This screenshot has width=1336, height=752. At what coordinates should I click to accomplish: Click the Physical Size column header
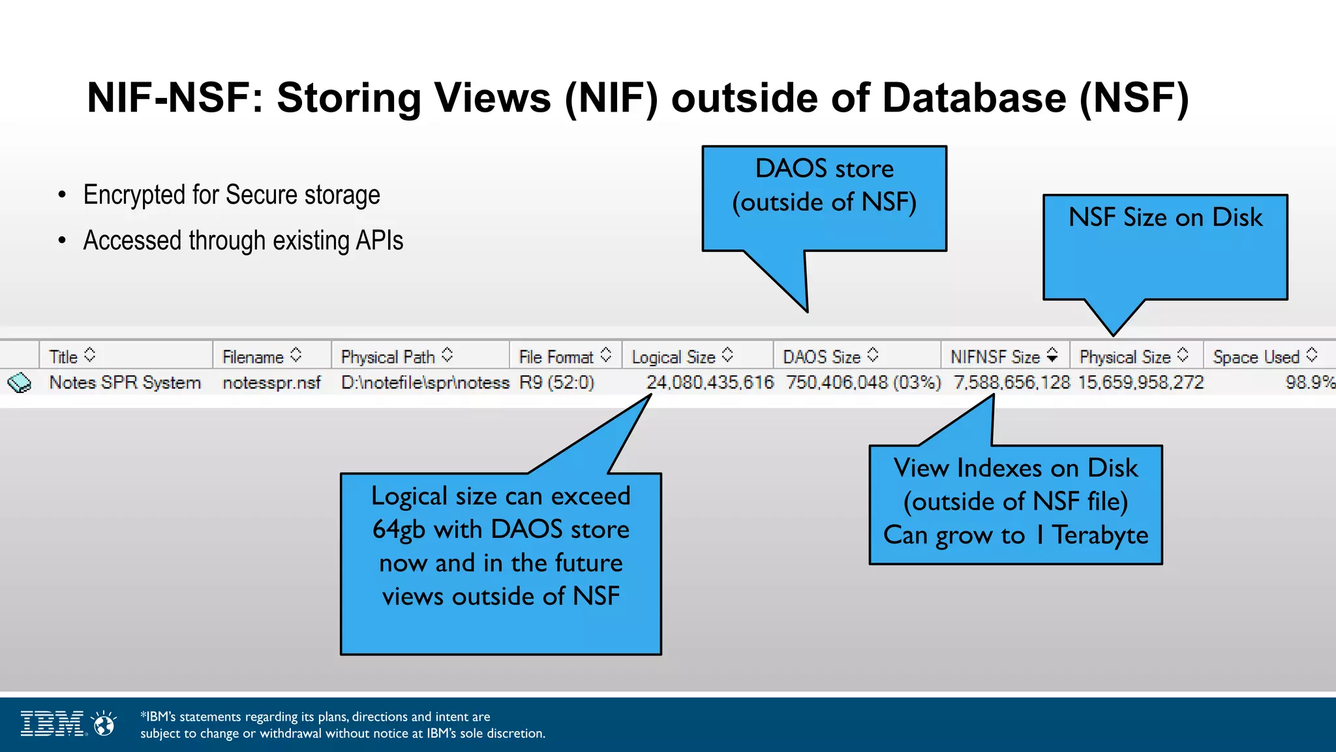pyautogui.click(x=1125, y=357)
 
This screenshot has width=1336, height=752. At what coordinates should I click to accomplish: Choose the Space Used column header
pyautogui.click(x=1256, y=357)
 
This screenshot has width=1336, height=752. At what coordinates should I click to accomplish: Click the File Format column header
pyautogui.click(x=556, y=357)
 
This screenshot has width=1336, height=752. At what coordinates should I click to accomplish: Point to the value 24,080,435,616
pyautogui.click(x=710, y=383)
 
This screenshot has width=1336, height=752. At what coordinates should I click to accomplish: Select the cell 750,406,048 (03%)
pyautogui.click(x=863, y=383)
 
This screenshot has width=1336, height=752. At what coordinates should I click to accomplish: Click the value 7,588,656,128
pyautogui.click(x=1011, y=383)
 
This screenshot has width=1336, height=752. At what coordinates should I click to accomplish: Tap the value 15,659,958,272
pyautogui.click(x=1140, y=383)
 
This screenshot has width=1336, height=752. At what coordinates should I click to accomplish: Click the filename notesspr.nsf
pyautogui.click(x=271, y=383)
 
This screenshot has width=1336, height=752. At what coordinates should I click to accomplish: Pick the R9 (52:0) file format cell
pyautogui.click(x=556, y=383)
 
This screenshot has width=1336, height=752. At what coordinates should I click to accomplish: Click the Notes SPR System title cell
pyautogui.click(x=125, y=383)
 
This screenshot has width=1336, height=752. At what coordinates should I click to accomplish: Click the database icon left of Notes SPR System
pyautogui.click(x=20, y=383)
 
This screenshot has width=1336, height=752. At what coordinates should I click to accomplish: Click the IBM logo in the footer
pyautogui.click(x=52, y=724)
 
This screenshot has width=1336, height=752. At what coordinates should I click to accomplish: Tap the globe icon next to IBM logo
pyautogui.click(x=104, y=724)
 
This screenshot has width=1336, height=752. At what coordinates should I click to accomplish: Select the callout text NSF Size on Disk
pyautogui.click(x=1165, y=217)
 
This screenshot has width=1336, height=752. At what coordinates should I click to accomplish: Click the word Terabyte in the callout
pyautogui.click(x=1100, y=535)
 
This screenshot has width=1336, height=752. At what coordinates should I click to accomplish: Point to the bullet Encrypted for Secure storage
pyautogui.click(x=232, y=195)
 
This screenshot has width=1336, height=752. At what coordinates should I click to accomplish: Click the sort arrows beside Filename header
pyautogui.click(x=296, y=355)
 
